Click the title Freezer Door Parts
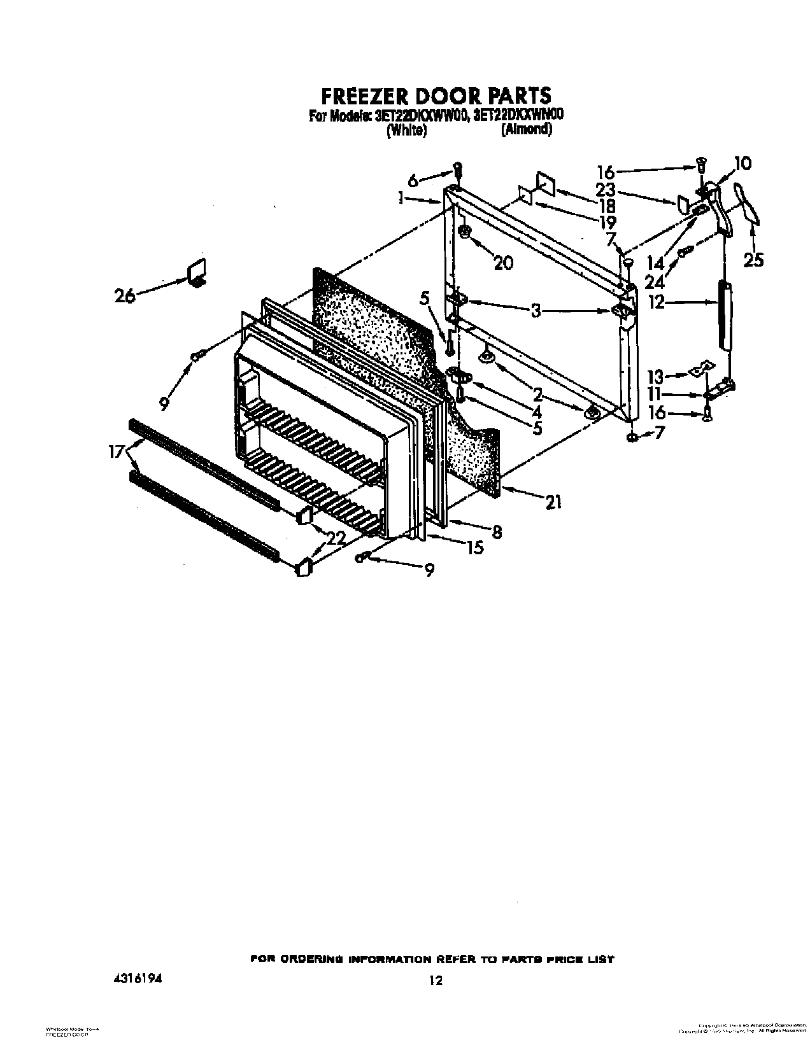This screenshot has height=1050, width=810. pos(435,95)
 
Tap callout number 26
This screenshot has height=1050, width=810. pos(124,295)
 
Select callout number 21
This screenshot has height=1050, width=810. pos(553,502)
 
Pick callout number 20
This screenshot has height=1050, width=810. pos(503,262)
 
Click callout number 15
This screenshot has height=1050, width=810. pos(474,546)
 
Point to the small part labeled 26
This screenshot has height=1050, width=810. pos(197,272)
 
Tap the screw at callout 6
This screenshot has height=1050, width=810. pos(457,169)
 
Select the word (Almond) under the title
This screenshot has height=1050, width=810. pos(526,130)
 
